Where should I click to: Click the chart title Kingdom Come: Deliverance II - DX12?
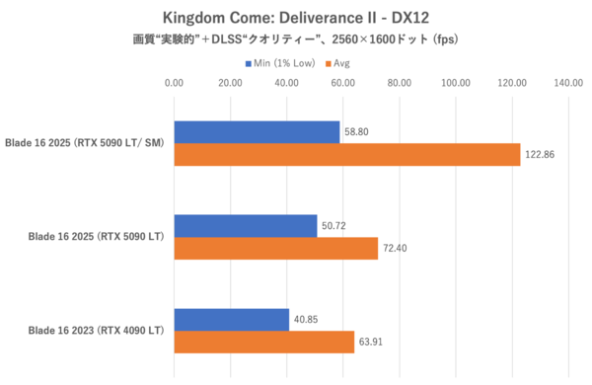click(296, 18)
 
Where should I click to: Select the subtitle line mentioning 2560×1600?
click(296, 40)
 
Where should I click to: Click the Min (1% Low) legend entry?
click(283, 63)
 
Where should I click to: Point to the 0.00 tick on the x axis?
click(175, 84)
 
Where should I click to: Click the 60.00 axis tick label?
click(343, 84)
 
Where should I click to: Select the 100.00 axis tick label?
click(456, 84)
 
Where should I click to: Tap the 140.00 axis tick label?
click(569, 84)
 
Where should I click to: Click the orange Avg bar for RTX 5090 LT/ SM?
click(347, 155)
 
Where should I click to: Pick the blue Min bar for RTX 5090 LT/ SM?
click(258, 131)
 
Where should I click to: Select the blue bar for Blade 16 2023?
click(232, 320)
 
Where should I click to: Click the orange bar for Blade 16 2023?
click(264, 343)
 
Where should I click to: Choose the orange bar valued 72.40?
click(276, 249)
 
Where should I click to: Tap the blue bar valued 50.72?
click(246, 226)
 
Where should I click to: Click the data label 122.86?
click(542, 155)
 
